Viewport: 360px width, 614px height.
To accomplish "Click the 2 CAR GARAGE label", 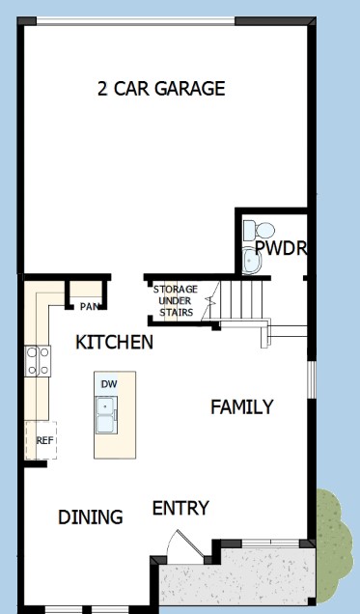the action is (x=161, y=89).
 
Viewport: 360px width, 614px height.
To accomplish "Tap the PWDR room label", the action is (x=280, y=248).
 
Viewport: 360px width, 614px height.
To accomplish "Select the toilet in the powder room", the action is (x=259, y=230).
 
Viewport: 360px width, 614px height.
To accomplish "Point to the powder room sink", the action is (x=251, y=261).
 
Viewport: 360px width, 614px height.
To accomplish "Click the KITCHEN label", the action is (x=114, y=343).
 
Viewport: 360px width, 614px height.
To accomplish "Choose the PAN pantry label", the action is (x=89, y=307).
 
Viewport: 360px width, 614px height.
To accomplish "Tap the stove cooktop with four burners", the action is (x=38, y=361).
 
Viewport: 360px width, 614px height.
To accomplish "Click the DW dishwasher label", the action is (x=109, y=384).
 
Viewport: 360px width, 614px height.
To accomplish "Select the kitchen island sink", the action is (x=106, y=415).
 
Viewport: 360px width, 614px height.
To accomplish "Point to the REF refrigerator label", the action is (x=44, y=440).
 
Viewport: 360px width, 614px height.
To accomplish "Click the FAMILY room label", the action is (x=242, y=406).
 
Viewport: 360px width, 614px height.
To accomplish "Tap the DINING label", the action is (x=90, y=516).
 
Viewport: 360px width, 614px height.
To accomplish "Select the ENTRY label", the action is (x=180, y=508).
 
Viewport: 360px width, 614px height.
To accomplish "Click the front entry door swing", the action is (x=184, y=544).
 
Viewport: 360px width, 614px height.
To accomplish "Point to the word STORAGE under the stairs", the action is (x=176, y=290).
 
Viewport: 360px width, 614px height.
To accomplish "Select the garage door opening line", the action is (x=136, y=20).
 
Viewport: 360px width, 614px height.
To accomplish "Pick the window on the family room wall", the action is (x=311, y=379).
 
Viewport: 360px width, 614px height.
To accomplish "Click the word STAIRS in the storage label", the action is (x=176, y=313).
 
